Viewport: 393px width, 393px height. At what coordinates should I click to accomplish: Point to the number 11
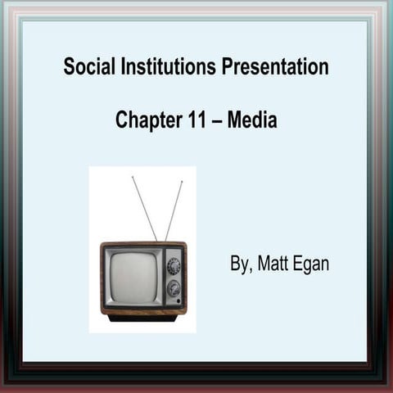(x=194, y=120)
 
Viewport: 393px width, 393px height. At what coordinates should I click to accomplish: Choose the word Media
(x=252, y=120)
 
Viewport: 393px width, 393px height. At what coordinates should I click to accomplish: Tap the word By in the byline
(x=239, y=264)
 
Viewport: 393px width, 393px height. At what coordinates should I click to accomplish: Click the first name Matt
(x=273, y=264)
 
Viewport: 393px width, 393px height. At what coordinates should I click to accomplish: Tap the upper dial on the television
(x=174, y=265)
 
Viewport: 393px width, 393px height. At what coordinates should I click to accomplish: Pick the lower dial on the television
(x=174, y=287)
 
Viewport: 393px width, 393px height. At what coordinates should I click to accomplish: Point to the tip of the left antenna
(x=133, y=177)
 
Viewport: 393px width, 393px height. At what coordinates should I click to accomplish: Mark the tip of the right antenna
(x=183, y=182)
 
